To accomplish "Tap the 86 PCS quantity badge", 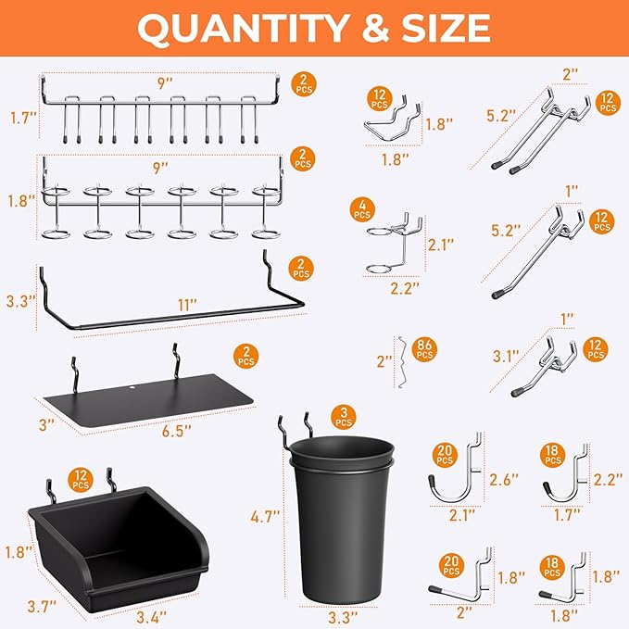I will coord(425,349).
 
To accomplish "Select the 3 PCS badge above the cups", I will coord(345,417).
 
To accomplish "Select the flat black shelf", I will coord(148,393).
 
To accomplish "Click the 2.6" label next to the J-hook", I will coord(504,479).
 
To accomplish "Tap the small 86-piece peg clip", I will coord(400,356).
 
